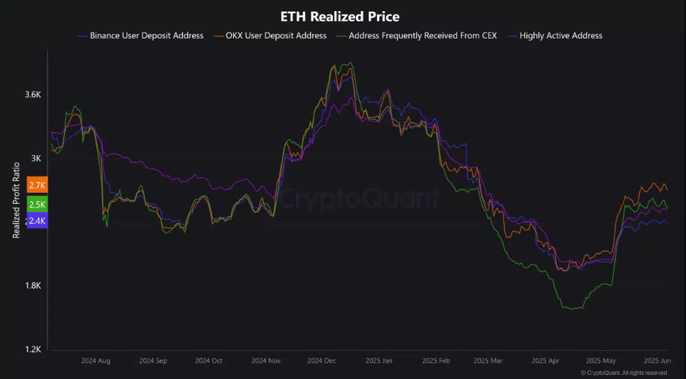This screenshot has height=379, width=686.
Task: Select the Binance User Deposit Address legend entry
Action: coord(146,35)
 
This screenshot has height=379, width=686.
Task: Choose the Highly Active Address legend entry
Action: coord(561,35)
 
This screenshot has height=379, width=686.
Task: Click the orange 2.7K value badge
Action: coord(37,185)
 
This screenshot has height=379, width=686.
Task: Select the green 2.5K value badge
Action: coord(37,204)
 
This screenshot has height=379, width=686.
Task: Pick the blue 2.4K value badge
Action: coord(37,221)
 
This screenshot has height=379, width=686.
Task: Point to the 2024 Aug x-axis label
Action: coord(96,360)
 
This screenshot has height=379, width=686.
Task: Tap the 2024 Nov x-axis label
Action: coord(266,360)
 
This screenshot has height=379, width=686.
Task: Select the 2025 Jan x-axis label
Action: coord(378,360)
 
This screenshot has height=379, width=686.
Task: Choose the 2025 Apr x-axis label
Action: coord(546,360)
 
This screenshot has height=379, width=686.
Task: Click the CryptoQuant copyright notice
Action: coord(623,373)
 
